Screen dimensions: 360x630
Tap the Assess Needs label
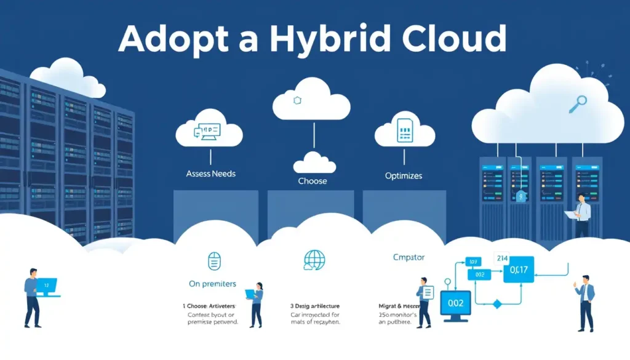210,174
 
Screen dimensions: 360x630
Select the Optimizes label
404,176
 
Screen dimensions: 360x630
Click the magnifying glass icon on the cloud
578,104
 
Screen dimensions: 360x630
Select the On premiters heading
212,284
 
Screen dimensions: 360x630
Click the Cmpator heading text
408,257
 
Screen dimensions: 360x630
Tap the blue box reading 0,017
518,269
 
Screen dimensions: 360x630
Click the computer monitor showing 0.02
456,303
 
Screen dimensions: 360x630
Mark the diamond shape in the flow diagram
498,303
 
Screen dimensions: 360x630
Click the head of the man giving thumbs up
584,280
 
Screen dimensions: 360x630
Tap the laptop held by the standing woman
252,294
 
